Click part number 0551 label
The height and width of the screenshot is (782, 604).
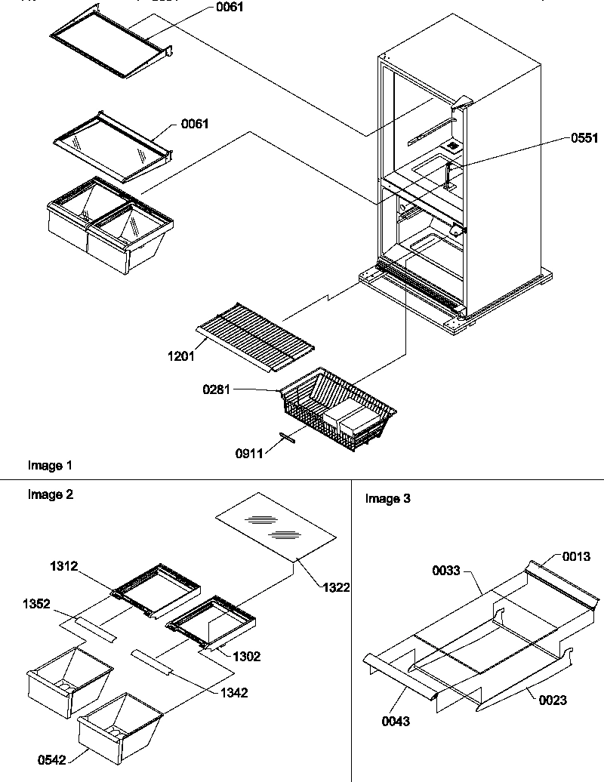(584, 138)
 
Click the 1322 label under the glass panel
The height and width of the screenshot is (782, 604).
(335, 587)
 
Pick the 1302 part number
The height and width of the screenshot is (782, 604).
(246, 657)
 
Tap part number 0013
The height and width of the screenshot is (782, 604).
(576, 556)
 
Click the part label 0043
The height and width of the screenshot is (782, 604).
(396, 722)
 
